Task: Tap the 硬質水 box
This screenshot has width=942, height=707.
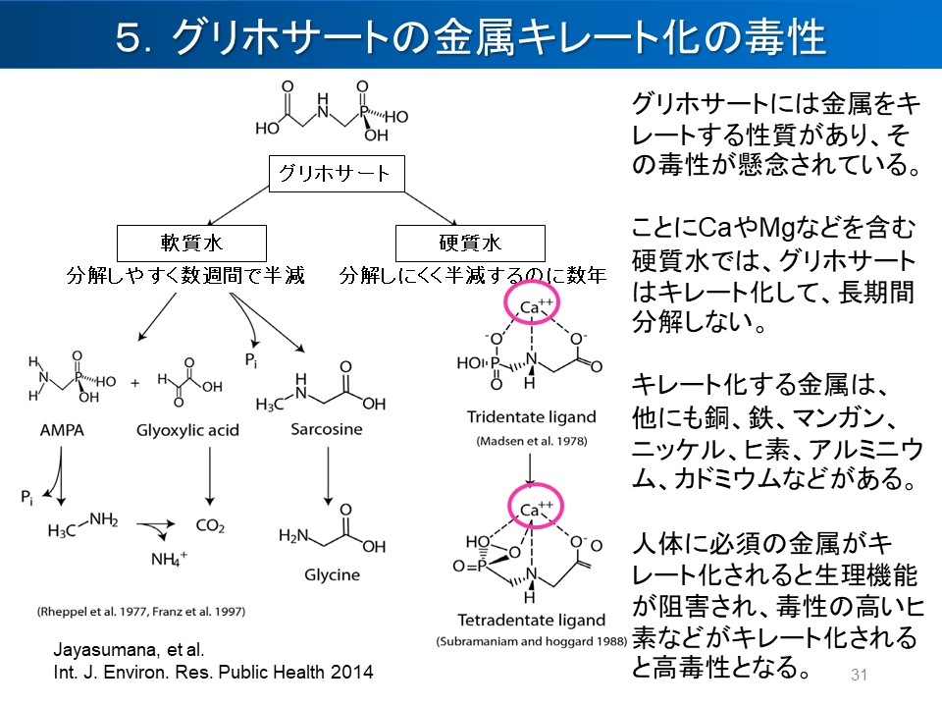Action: pos(455,243)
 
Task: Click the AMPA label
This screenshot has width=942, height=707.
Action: pos(62,431)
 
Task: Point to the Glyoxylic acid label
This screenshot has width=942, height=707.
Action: pos(187,431)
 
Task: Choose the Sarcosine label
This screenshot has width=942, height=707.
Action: pos(326,430)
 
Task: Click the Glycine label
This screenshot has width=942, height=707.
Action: pos(332,574)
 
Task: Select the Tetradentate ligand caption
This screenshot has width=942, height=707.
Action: pos(531,620)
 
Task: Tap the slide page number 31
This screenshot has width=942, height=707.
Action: pos(861,675)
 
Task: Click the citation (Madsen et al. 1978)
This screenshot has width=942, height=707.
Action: pos(531,443)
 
